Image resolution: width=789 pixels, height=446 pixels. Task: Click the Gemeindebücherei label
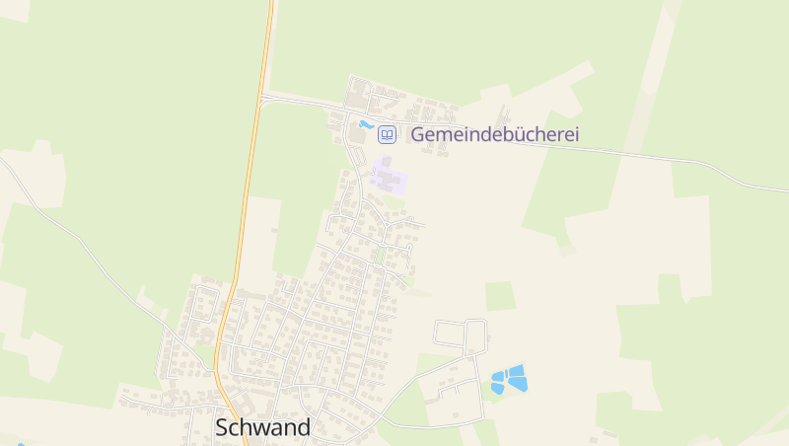click(494, 134)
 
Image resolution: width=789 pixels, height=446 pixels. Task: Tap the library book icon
click(388, 134)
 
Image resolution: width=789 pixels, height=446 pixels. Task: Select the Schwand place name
click(262, 427)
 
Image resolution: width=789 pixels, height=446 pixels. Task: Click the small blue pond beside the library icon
click(366, 125)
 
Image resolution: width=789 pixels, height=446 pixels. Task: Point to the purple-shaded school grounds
click(389, 180)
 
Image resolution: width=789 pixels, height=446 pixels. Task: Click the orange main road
click(249, 197)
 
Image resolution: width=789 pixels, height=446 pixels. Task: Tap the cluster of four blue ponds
click(509, 379)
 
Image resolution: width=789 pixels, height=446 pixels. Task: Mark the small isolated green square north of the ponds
click(500, 296)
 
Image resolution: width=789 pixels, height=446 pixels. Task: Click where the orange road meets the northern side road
click(261, 97)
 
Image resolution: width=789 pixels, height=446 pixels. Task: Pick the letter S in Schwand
click(223, 427)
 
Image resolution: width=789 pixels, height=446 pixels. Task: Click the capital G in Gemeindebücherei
click(418, 134)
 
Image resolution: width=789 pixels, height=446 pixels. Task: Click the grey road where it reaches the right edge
click(785, 190)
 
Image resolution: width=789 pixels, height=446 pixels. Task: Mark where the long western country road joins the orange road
click(215, 369)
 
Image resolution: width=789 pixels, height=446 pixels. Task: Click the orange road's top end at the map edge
click(269, 3)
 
